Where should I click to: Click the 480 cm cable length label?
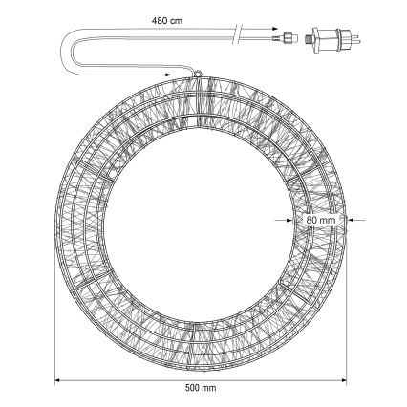point(167,21)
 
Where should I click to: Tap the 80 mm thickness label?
point(321,220)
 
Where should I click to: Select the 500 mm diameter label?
point(201,388)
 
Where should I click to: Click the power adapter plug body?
point(332,40)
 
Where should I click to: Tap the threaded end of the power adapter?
point(309,40)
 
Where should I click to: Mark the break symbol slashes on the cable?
point(238,33)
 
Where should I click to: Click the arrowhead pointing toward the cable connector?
point(274,29)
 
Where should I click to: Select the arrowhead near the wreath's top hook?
point(167,75)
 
